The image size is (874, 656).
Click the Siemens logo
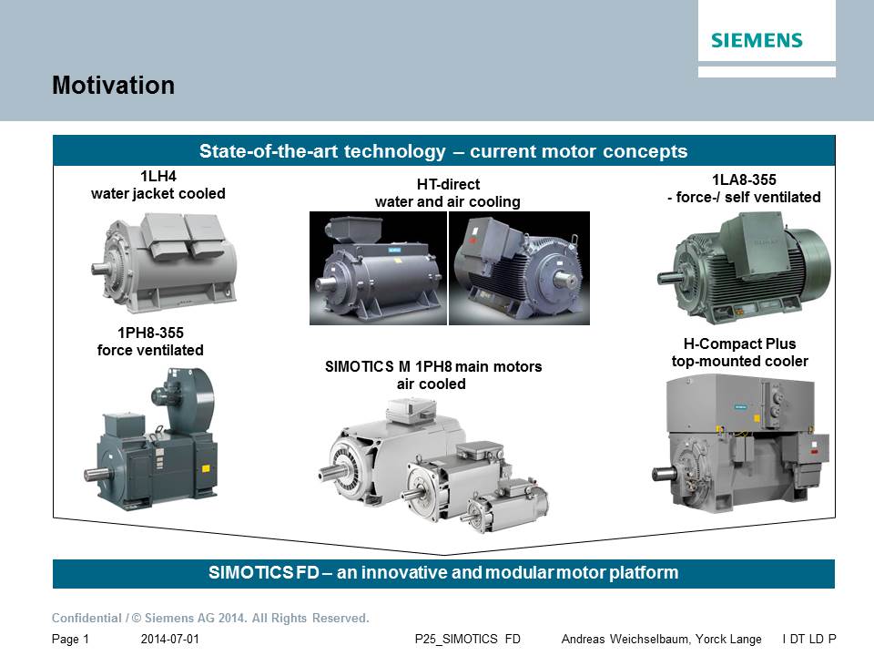(757, 40)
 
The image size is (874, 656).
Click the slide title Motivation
(113, 86)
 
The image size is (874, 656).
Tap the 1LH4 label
(158, 176)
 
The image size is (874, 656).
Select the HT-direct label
(448, 184)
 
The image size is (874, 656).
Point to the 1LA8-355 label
(744, 179)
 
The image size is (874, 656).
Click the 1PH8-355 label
(150, 333)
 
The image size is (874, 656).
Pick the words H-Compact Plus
(739, 343)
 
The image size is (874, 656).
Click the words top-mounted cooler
(739, 361)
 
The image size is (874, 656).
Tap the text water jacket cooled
(158, 193)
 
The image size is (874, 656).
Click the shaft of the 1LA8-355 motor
(667, 278)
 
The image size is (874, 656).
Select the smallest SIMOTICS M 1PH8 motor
(504, 506)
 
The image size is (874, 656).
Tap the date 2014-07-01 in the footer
(170, 640)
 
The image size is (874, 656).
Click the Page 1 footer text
(70, 640)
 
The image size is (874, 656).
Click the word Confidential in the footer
(86, 618)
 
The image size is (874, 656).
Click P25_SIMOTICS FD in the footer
(468, 640)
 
